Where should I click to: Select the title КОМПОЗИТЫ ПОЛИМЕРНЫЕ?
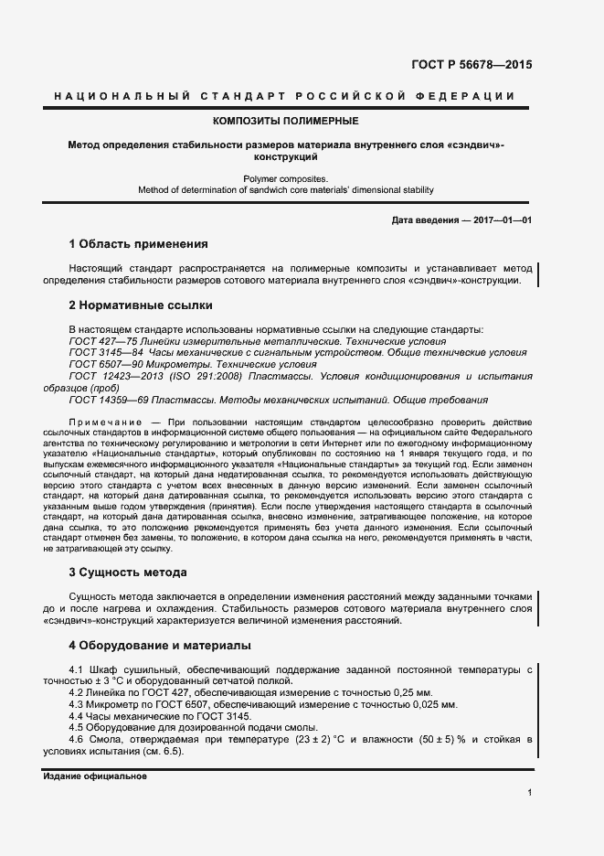click(285, 121)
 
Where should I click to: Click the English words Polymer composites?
click(285, 179)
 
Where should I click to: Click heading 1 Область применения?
click(138, 244)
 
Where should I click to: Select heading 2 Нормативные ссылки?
click(141, 305)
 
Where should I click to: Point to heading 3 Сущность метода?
click(128, 572)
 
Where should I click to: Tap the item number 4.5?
click(76, 729)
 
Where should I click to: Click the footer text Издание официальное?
click(94, 776)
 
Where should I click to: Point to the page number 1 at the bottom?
click(529, 792)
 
